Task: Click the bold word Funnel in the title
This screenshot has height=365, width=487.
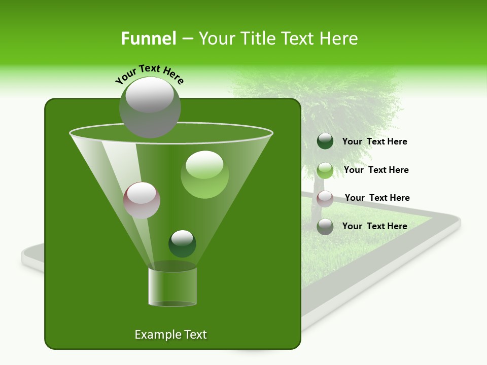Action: pyautogui.click(x=149, y=38)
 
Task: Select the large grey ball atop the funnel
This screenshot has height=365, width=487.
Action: pyautogui.click(x=150, y=107)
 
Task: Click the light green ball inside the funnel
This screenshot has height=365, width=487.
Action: pyautogui.click(x=204, y=174)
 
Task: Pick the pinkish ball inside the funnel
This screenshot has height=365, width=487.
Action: pyautogui.click(x=142, y=200)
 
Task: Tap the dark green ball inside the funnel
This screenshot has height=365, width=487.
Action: pyautogui.click(x=182, y=243)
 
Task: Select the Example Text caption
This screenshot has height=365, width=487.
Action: pyautogui.click(x=170, y=335)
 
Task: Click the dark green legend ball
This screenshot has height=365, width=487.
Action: pyautogui.click(x=325, y=141)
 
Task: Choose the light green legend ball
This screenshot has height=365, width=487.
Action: pyautogui.click(x=325, y=170)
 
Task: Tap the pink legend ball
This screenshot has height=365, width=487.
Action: pyautogui.click(x=325, y=199)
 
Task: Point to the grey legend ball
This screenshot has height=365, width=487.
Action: pyautogui.click(x=325, y=227)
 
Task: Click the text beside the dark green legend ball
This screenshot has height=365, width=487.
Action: pyautogui.click(x=374, y=142)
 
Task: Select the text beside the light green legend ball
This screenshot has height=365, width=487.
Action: pyautogui.click(x=376, y=170)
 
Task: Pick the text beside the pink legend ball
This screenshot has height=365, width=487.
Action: pyautogui.click(x=377, y=198)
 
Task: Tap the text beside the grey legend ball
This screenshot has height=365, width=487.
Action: pyautogui.click(x=374, y=226)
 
